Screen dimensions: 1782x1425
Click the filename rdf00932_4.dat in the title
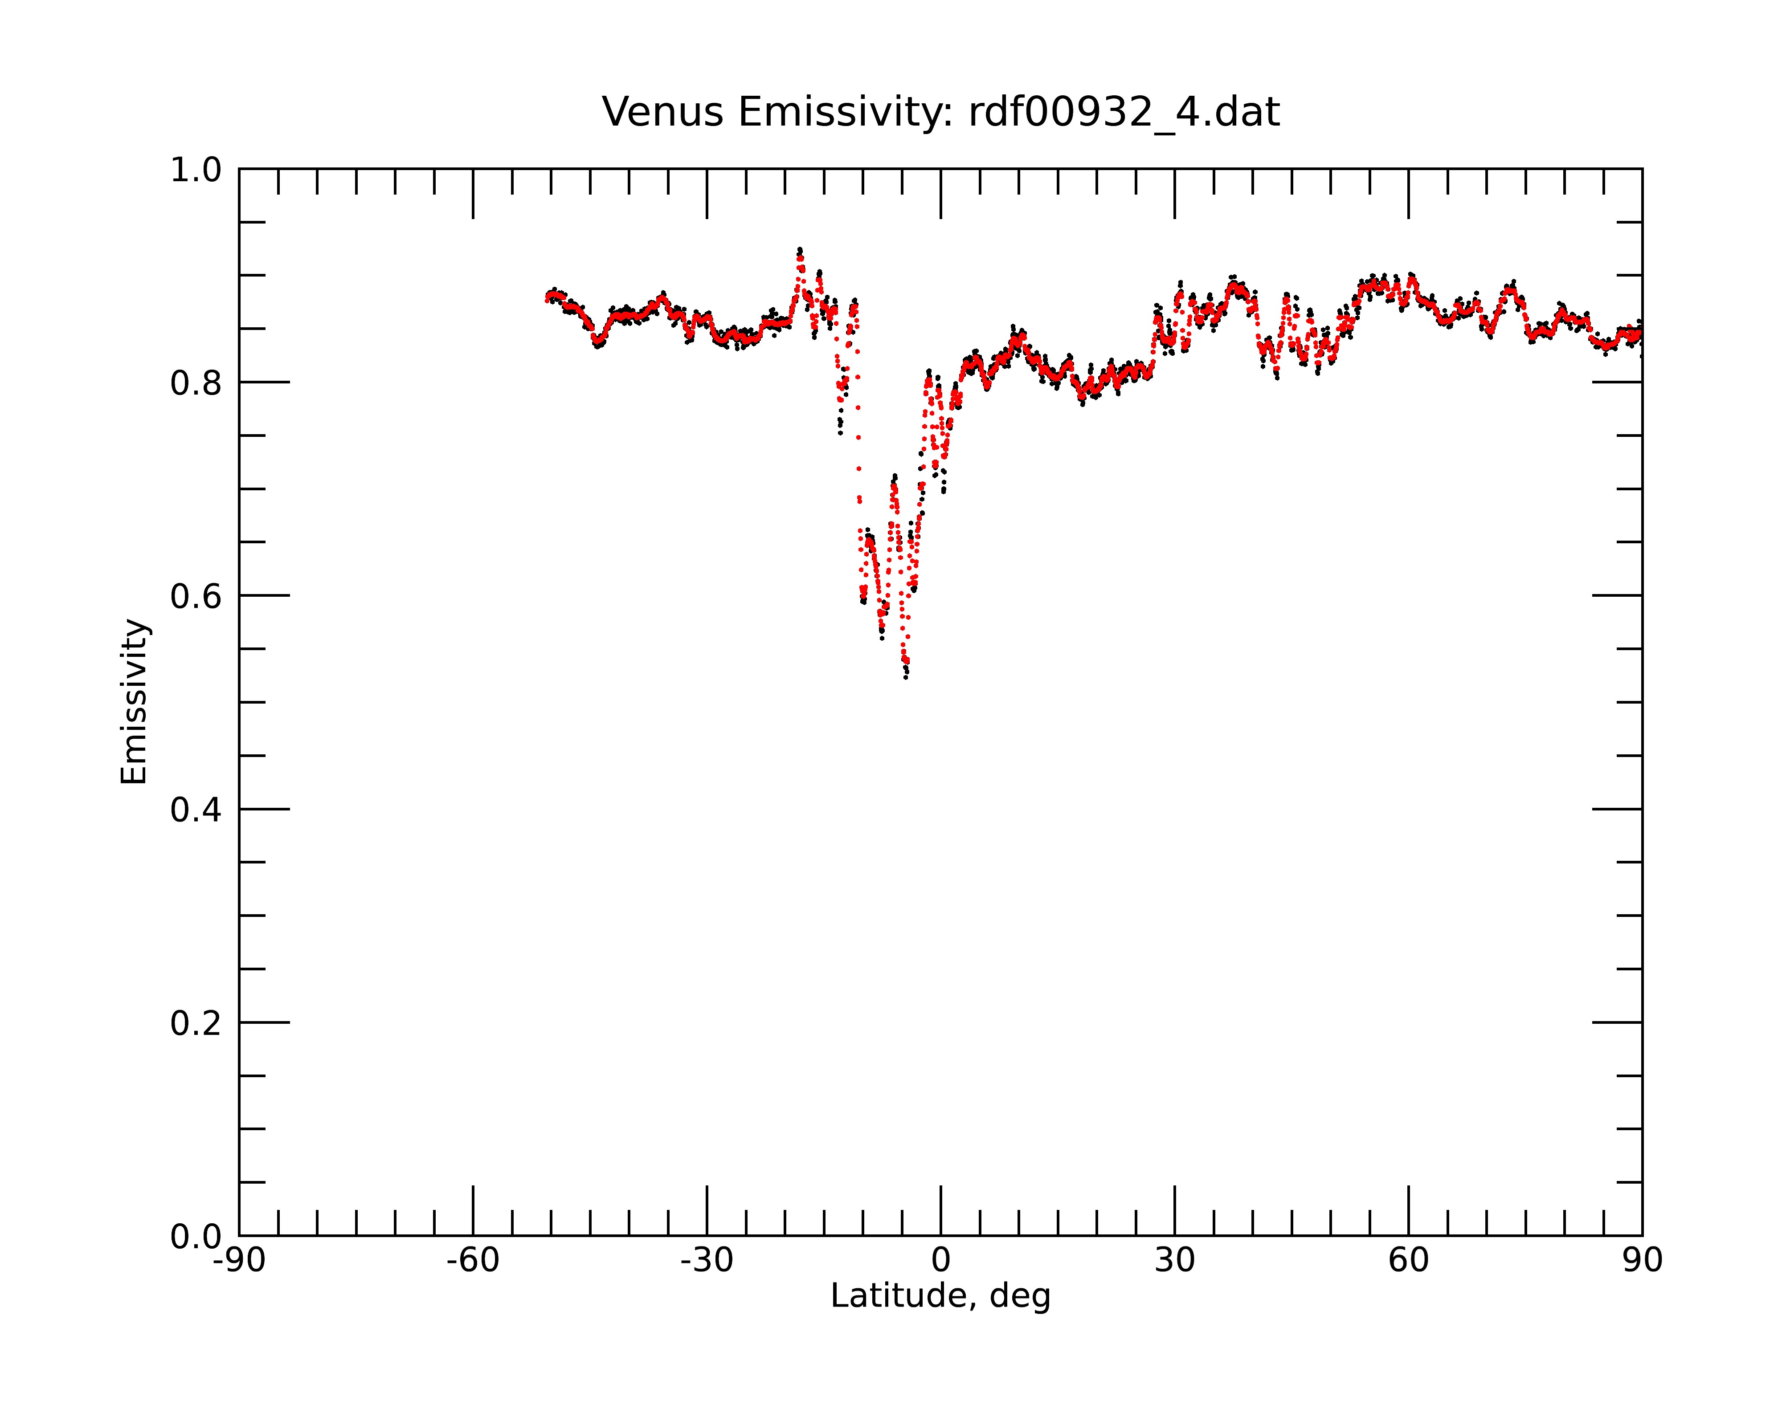(1124, 112)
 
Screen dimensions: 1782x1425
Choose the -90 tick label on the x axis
(239, 1261)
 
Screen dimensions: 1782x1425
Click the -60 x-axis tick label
(473, 1261)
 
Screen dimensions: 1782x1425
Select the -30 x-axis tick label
(707, 1261)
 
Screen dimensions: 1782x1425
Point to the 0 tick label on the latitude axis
(940, 1261)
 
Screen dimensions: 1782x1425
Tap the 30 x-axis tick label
(1174, 1261)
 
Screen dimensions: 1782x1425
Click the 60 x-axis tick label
(1408, 1261)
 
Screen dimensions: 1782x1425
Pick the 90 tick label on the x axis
(1642, 1261)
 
